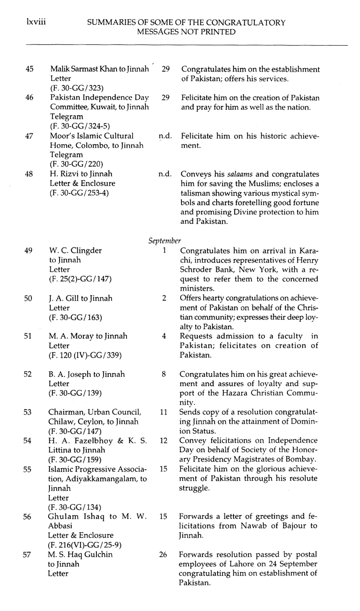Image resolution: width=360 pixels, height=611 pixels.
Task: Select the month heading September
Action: coord(165,241)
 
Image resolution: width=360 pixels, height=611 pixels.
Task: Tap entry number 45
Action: coord(29,69)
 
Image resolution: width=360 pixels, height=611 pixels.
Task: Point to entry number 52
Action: coord(28,374)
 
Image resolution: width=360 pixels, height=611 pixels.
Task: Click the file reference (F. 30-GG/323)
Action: coord(77,88)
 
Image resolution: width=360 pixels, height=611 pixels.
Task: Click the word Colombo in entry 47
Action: coord(91,145)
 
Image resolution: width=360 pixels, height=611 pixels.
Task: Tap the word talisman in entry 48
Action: coord(196,193)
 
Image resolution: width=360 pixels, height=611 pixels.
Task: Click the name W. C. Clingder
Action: coord(75,250)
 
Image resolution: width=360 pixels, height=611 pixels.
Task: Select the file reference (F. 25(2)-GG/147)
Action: coord(80,279)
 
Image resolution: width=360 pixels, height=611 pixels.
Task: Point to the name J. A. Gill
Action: coord(62,298)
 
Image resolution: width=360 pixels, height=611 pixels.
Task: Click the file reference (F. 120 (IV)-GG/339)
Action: coord(85,355)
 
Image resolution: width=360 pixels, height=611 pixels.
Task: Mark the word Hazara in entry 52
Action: coord(245,393)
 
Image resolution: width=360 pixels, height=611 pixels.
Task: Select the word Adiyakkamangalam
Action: coord(101,479)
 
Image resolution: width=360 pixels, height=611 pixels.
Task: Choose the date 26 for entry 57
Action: coord(163,555)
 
